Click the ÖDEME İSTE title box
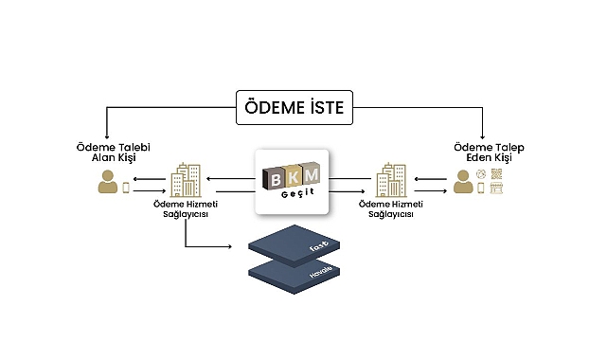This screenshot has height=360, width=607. coord(295,109)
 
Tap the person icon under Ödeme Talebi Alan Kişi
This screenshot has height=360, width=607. coord(108,183)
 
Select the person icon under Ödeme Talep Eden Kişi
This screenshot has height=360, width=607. coord(463,182)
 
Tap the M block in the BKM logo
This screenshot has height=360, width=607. coord(311,172)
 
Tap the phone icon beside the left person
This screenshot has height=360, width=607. coord(127,188)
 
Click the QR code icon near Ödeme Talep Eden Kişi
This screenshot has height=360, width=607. coord(496,174)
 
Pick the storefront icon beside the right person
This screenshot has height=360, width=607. coord(496,189)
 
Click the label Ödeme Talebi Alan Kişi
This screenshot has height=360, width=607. coord(114,153)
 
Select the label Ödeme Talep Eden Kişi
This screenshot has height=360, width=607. coord(489,153)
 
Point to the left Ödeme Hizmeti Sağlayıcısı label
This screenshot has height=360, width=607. coord(185,208)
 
